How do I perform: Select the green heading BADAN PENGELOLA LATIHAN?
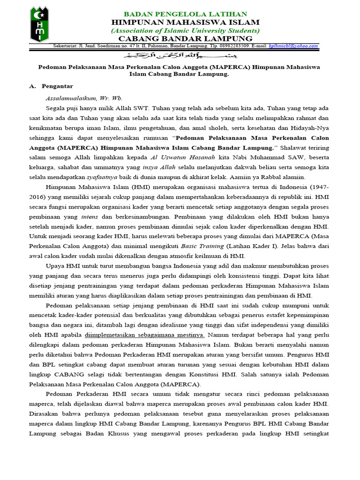185,14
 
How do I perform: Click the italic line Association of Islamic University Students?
185,30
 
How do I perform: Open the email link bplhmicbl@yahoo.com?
294,46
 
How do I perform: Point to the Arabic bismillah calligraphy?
180,54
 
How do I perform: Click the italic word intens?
90,217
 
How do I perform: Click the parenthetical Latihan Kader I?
252,246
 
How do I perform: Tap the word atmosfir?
181,256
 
